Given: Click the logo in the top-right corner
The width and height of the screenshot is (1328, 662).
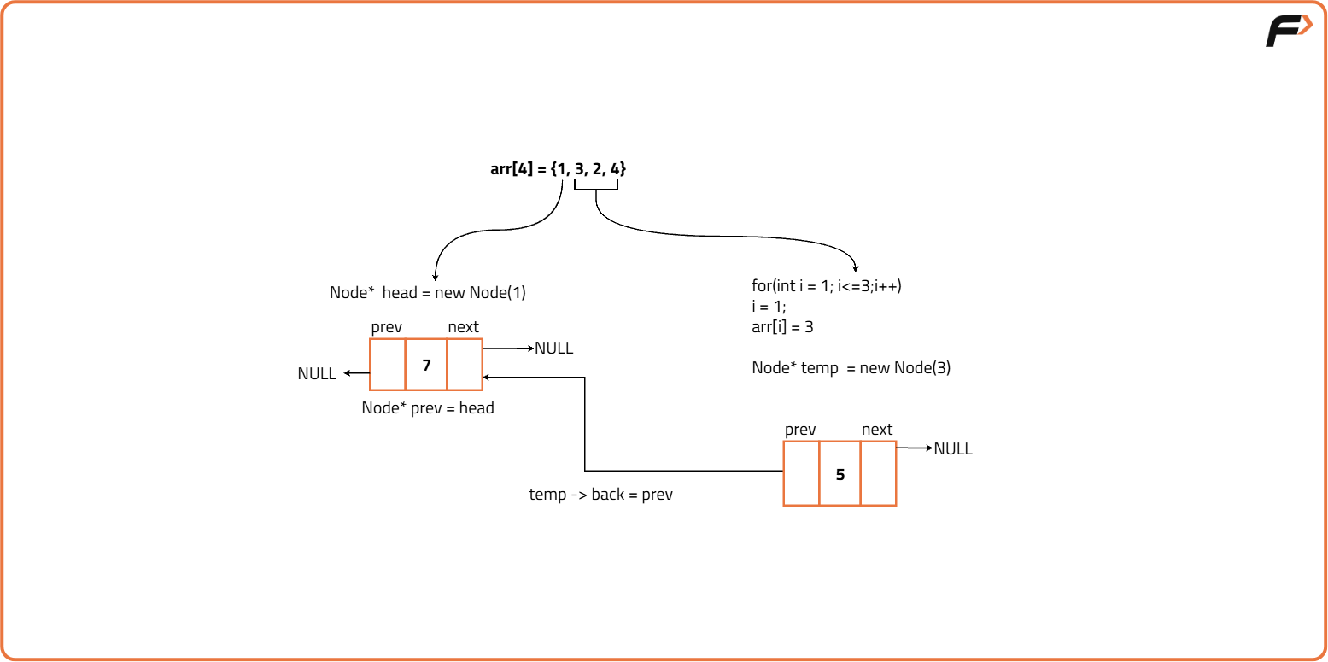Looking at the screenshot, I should (x=1289, y=32).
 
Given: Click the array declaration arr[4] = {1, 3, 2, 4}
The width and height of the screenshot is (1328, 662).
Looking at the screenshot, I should (x=559, y=169).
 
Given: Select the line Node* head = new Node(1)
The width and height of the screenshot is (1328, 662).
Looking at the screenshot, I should (x=428, y=293).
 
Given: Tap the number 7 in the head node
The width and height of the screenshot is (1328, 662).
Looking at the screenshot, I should (x=426, y=365).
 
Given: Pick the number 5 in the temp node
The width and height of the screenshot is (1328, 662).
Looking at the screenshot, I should (x=840, y=474).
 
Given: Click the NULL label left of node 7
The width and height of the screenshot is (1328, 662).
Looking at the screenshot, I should (x=317, y=374).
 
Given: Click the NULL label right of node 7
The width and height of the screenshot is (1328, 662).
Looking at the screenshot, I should (x=553, y=349).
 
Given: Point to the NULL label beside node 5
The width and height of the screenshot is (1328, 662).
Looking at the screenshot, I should (x=953, y=449).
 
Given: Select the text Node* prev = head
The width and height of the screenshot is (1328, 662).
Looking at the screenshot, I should (x=428, y=408).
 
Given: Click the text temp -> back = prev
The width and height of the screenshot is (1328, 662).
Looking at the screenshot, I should (x=601, y=495).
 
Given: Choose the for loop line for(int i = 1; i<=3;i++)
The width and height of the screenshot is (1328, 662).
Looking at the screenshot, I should (x=827, y=286).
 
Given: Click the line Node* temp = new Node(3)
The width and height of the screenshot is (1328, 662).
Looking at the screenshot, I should (x=851, y=368).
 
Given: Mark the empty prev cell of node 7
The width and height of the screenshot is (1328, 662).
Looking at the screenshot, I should (x=388, y=365).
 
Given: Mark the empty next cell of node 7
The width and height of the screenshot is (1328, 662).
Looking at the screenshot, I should (x=465, y=365).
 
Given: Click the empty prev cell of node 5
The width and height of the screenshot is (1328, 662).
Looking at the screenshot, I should (x=801, y=474).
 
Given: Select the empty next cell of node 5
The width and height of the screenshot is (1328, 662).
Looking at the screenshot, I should (x=878, y=474).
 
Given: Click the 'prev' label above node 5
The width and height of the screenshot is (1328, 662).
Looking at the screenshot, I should (x=800, y=430).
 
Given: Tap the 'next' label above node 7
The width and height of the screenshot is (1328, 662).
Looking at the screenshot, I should (x=463, y=327).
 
